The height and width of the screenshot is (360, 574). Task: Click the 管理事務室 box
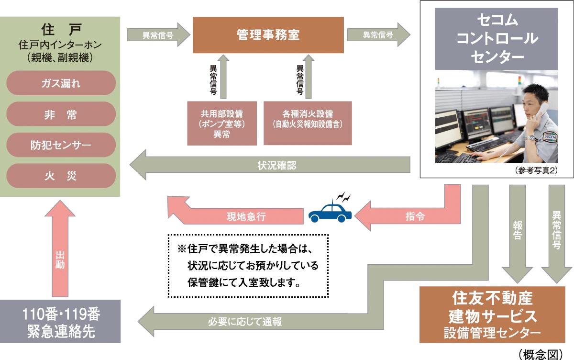coord(268,35)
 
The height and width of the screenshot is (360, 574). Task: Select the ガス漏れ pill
coord(61,83)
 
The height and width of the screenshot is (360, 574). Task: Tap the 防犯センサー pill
coord(61,145)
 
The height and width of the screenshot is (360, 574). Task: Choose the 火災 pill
coord(61,176)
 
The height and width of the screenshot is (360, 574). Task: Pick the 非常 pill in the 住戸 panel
coord(61,114)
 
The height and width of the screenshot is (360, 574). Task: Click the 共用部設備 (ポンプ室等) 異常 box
coord(221,123)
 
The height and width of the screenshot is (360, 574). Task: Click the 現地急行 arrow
coord(239,216)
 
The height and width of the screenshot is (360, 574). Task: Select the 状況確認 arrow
coord(273,166)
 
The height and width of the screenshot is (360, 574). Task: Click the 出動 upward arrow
coord(60,249)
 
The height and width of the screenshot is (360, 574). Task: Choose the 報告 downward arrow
coord(517,230)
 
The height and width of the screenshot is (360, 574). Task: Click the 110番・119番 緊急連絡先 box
coord(60,321)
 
